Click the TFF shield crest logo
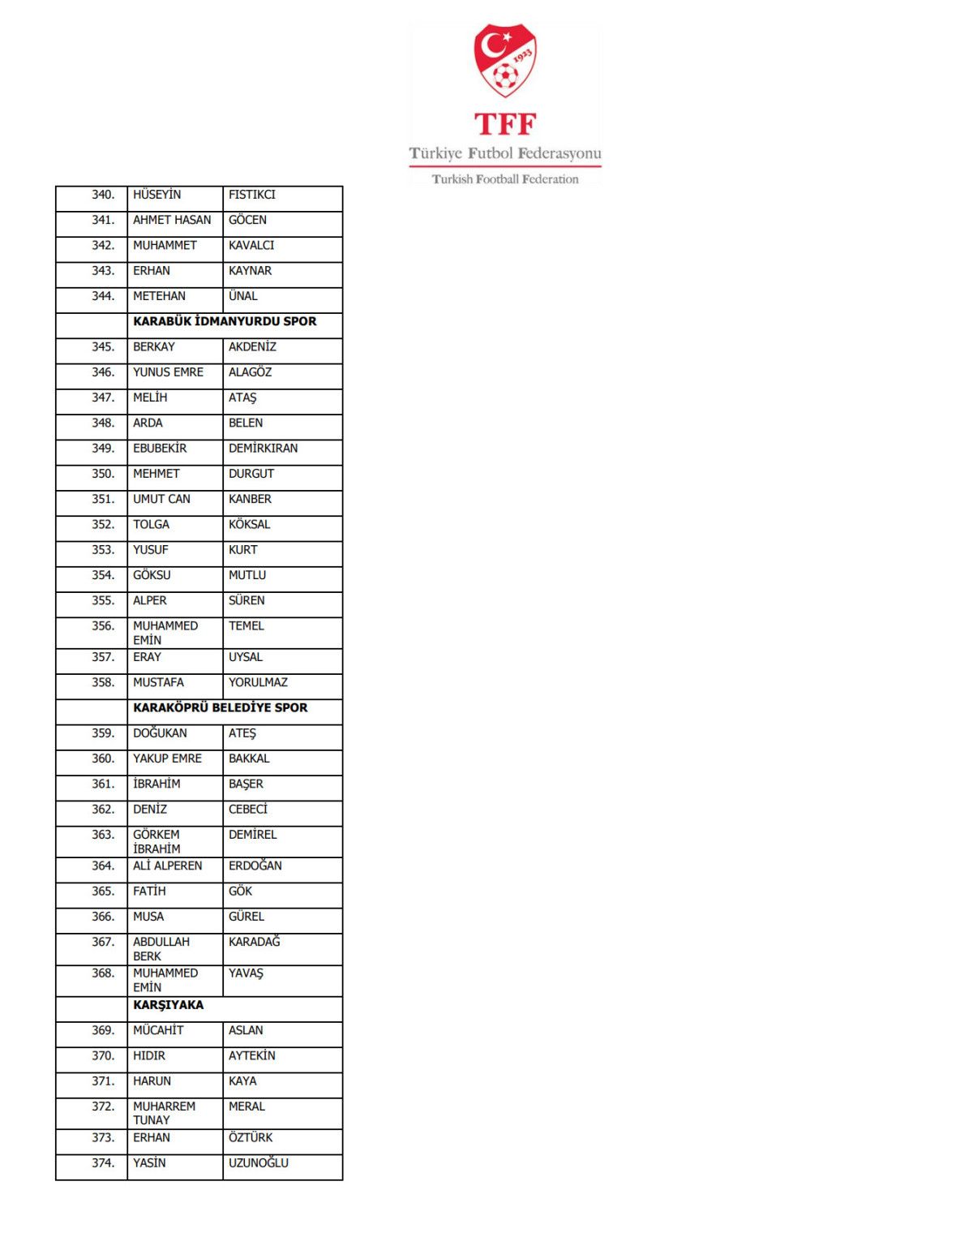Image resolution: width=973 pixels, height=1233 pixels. [x=504, y=60]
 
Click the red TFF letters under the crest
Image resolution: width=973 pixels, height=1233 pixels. [x=504, y=124]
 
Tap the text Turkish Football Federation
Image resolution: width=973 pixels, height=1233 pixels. [x=504, y=179]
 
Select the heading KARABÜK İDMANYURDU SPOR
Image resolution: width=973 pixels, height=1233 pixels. [x=225, y=321]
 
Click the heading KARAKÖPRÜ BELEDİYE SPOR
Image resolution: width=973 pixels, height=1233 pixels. [x=220, y=707]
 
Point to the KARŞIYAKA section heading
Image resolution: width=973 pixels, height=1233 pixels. [x=168, y=1005]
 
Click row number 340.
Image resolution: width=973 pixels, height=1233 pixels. [x=103, y=195]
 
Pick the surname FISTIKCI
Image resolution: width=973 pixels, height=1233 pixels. [x=251, y=195]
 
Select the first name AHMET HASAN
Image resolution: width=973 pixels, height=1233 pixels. [x=172, y=220]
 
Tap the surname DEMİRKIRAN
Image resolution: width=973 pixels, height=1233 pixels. [x=263, y=449]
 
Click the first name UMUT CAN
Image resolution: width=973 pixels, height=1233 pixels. [x=161, y=499]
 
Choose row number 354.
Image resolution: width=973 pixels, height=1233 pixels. [x=103, y=575]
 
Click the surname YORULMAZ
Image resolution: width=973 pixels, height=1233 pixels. [x=258, y=682]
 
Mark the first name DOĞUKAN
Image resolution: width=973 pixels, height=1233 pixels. [x=160, y=733]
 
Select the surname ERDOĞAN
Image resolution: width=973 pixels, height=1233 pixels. [x=255, y=866]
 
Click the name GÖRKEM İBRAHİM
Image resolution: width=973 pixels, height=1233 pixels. [x=156, y=841]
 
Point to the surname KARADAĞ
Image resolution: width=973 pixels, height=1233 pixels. [x=254, y=942]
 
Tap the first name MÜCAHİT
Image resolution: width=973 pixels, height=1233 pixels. [x=158, y=1030]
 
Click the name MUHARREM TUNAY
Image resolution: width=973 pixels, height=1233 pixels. [x=164, y=1113]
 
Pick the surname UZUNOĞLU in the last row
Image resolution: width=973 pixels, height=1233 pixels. [x=258, y=1163]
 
